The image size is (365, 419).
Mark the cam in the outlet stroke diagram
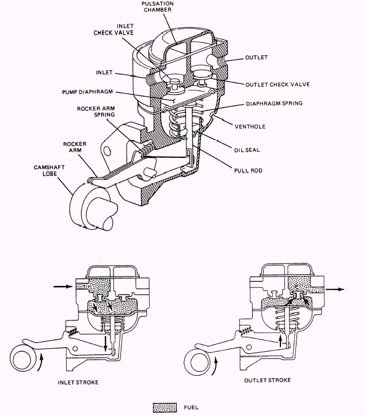click(x=196, y=363)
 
